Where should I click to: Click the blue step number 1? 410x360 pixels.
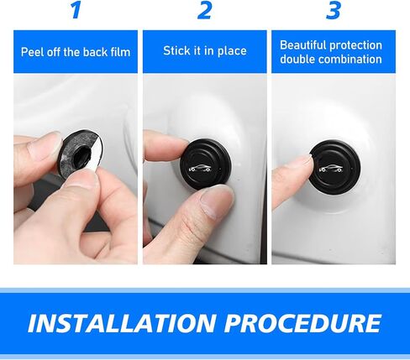coord(76,10)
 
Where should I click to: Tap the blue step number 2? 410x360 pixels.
coord(204,10)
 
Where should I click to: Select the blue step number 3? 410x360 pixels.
coord(334,10)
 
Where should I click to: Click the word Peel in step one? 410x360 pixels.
coord(32,52)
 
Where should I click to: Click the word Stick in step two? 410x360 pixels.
coord(175,50)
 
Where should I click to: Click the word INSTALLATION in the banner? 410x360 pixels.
coord(122,323)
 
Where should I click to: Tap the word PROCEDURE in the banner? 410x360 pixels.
coord(302,323)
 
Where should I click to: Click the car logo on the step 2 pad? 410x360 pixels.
coord(200,169)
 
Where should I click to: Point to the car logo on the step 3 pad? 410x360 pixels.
coord(331,169)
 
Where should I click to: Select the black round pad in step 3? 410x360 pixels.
coord(335,168)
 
